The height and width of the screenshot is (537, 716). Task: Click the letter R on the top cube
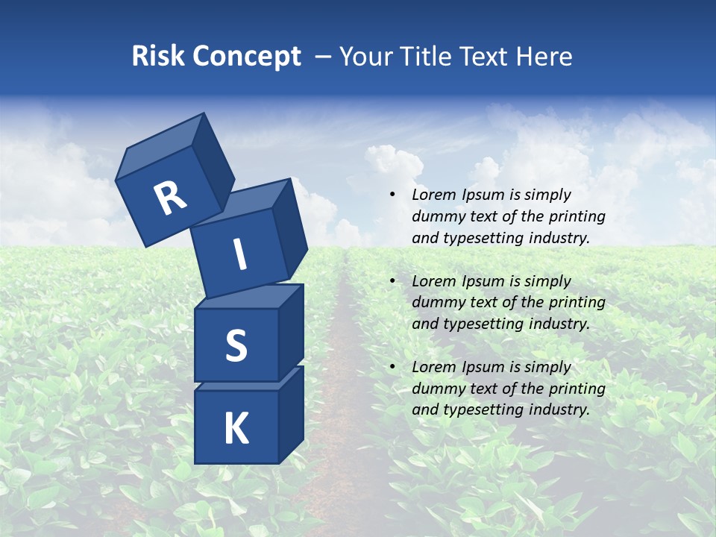pos(170,198)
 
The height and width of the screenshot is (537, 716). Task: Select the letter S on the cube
pos(236,345)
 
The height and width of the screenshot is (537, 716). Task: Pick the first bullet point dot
pos(392,195)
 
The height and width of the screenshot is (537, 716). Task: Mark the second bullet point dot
pos(392,282)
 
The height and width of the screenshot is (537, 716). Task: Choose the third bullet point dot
pos(392,368)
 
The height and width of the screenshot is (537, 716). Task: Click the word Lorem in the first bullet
pos(431,195)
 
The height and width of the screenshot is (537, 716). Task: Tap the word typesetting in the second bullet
pos(480,324)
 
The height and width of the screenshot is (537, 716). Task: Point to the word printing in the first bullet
pos(577,217)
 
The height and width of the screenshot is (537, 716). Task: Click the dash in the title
pos(323,57)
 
